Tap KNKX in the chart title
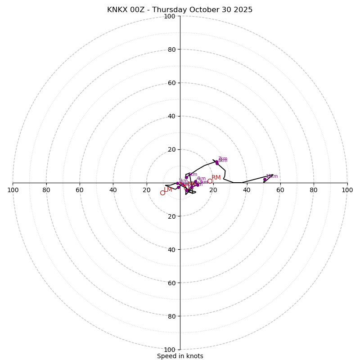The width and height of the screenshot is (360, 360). click(x=116, y=10)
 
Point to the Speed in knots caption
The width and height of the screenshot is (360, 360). click(x=180, y=356)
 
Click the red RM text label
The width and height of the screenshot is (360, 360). click(x=216, y=178)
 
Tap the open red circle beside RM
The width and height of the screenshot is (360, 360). click(x=210, y=181)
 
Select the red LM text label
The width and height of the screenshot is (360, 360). click(x=168, y=190)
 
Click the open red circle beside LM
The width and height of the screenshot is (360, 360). click(x=162, y=193)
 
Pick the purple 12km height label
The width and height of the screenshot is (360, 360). click(x=272, y=176)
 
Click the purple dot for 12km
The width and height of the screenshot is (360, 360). click(x=265, y=180)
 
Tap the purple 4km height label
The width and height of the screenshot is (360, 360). click(x=201, y=179)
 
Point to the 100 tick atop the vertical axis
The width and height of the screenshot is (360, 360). click(x=170, y=16)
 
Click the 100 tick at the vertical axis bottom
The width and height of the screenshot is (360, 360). click(x=170, y=350)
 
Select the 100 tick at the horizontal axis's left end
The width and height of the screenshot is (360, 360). click(x=13, y=190)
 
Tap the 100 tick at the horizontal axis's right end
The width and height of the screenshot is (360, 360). click(x=347, y=190)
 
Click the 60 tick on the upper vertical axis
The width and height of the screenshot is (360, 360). click(x=171, y=83)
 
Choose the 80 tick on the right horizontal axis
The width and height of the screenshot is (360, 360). click(x=314, y=190)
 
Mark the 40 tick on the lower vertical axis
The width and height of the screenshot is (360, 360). click(x=171, y=250)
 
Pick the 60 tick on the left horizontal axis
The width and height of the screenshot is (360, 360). click(x=80, y=190)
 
